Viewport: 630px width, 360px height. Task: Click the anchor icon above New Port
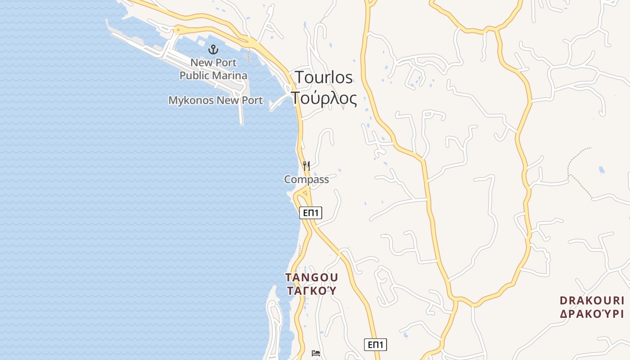(213, 49)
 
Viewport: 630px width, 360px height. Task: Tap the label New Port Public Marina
(213, 69)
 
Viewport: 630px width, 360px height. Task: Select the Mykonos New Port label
(216, 100)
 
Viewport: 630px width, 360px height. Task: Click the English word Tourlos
(324, 77)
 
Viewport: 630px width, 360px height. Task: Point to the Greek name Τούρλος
(324, 98)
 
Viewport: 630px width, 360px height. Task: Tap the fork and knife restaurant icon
(306, 166)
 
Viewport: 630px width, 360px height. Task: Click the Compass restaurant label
(306, 180)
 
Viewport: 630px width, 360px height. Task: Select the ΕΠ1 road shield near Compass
(310, 213)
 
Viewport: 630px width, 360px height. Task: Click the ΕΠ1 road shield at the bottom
(375, 345)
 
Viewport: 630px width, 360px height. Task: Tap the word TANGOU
(311, 277)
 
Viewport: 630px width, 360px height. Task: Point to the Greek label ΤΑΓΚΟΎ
(311, 291)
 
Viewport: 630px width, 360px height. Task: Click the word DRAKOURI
(592, 300)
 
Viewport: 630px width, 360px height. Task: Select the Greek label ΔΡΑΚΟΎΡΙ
(592, 314)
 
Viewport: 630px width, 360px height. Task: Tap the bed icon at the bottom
(316, 353)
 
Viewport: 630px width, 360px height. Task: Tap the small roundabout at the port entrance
(179, 31)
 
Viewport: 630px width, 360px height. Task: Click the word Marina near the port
(231, 75)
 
